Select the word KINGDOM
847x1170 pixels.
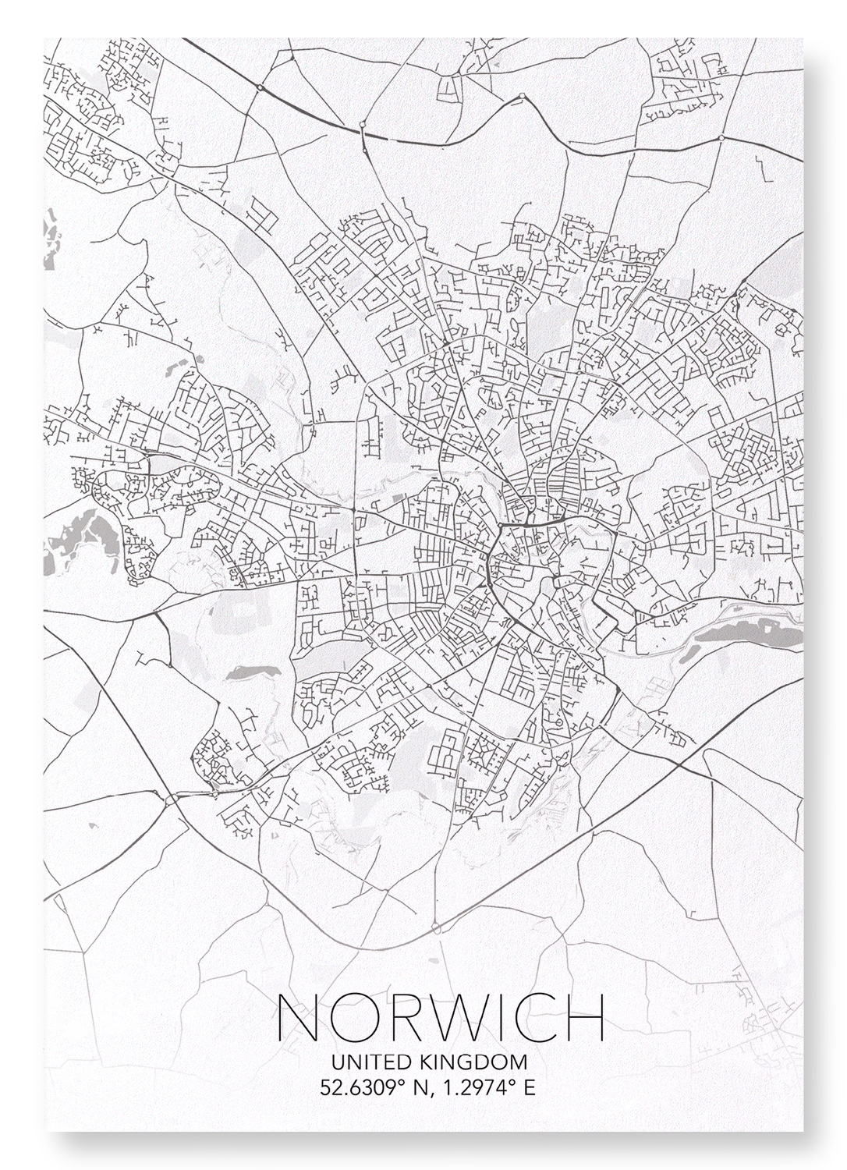coord(473,1062)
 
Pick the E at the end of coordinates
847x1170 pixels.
coord(530,1087)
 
